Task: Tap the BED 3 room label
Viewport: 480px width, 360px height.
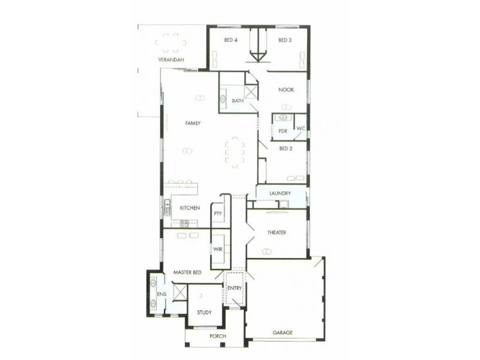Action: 284,41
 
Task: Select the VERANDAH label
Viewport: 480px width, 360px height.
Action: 170,61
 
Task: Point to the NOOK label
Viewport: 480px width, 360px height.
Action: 286,90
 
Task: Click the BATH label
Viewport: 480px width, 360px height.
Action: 238,101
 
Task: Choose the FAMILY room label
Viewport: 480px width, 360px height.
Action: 192,123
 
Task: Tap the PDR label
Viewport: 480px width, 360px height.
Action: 282,130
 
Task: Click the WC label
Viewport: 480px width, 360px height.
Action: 300,128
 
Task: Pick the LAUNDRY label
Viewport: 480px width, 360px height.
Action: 280,193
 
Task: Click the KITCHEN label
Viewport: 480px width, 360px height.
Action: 190,208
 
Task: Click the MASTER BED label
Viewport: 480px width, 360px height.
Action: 187,272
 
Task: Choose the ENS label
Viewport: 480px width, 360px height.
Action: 161,295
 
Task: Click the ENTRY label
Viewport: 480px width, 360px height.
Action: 235,289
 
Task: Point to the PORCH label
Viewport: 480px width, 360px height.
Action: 217,337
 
